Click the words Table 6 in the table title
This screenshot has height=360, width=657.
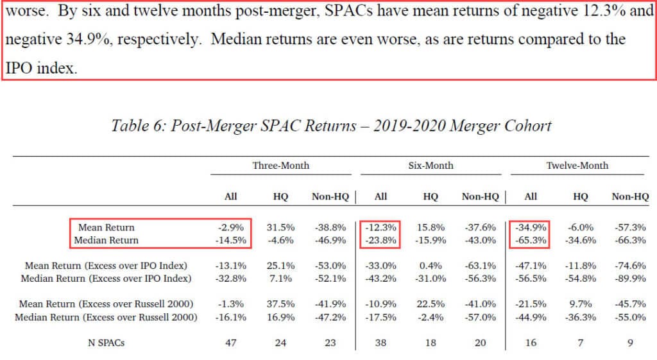click(137, 124)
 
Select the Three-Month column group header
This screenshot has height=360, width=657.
click(280, 166)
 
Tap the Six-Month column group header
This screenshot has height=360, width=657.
click(431, 166)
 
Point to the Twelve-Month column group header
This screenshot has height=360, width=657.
click(577, 166)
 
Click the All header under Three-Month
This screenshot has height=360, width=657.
click(231, 197)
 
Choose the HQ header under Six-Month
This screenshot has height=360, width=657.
click(431, 197)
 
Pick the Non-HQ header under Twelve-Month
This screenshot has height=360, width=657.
click(630, 197)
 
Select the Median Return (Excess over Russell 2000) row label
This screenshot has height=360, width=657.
click(106, 317)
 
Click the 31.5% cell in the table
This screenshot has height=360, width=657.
click(280, 228)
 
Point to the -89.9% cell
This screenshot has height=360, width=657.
click(630, 279)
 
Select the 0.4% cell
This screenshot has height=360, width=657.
click(431, 266)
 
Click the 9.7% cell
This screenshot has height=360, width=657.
click(580, 304)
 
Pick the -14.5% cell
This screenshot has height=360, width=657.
click(231, 241)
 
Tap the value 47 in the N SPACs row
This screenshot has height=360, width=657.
click(231, 343)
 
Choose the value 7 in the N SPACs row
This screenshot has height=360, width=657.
click(580, 343)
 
